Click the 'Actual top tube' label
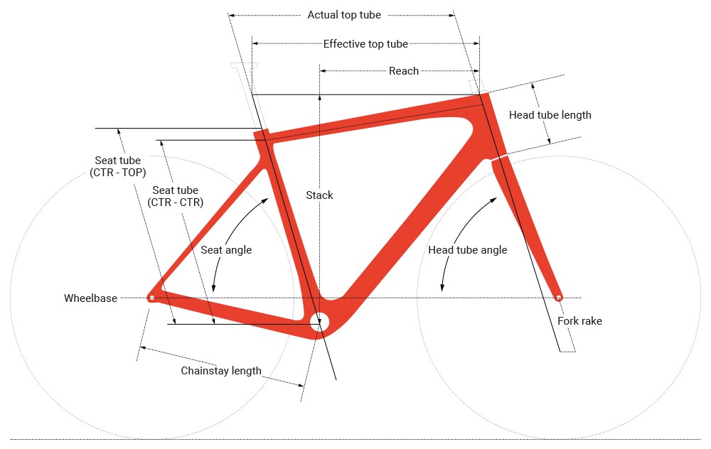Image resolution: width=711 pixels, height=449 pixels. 343,15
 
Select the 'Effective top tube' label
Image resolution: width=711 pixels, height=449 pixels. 365,44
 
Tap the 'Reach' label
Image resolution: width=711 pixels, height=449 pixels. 404,71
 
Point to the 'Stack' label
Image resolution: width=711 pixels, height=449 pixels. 319,195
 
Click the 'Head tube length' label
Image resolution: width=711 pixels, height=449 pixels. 550,115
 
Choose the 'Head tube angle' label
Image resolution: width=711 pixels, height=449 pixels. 468,250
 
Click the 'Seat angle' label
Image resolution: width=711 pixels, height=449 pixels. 226,250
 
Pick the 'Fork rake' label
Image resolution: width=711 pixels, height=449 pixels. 579,321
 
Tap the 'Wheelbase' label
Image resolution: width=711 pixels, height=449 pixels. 90,298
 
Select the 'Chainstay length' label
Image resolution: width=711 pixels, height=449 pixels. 221,371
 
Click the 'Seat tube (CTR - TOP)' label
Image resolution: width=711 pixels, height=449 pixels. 118,166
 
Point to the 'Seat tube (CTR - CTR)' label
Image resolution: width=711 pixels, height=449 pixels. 175,196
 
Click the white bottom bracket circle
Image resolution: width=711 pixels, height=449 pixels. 319,321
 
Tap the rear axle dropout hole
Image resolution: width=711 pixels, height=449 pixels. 151,298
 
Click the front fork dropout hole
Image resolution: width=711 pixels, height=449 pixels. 559,298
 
